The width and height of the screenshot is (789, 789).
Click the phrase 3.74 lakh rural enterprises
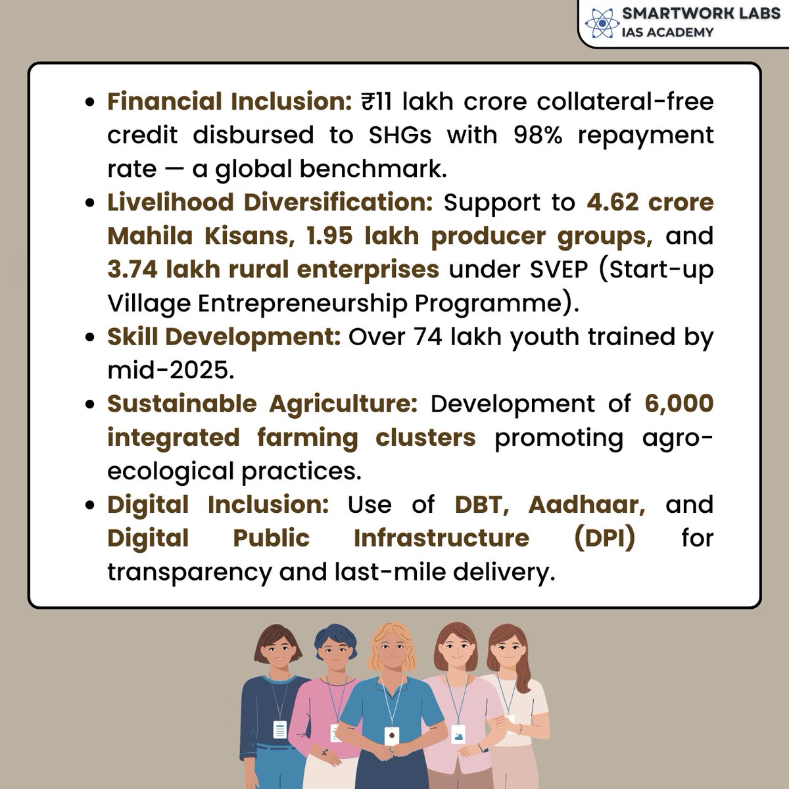tap(273, 270)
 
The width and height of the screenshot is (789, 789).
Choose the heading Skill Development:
tap(224, 337)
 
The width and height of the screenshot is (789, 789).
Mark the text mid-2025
tap(170, 370)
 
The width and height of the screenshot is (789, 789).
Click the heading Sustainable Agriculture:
tap(262, 404)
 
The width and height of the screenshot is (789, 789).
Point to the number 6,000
tap(679, 404)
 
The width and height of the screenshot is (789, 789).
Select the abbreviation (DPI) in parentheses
tap(604, 538)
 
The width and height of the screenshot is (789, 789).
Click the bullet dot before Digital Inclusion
tap(93, 506)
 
